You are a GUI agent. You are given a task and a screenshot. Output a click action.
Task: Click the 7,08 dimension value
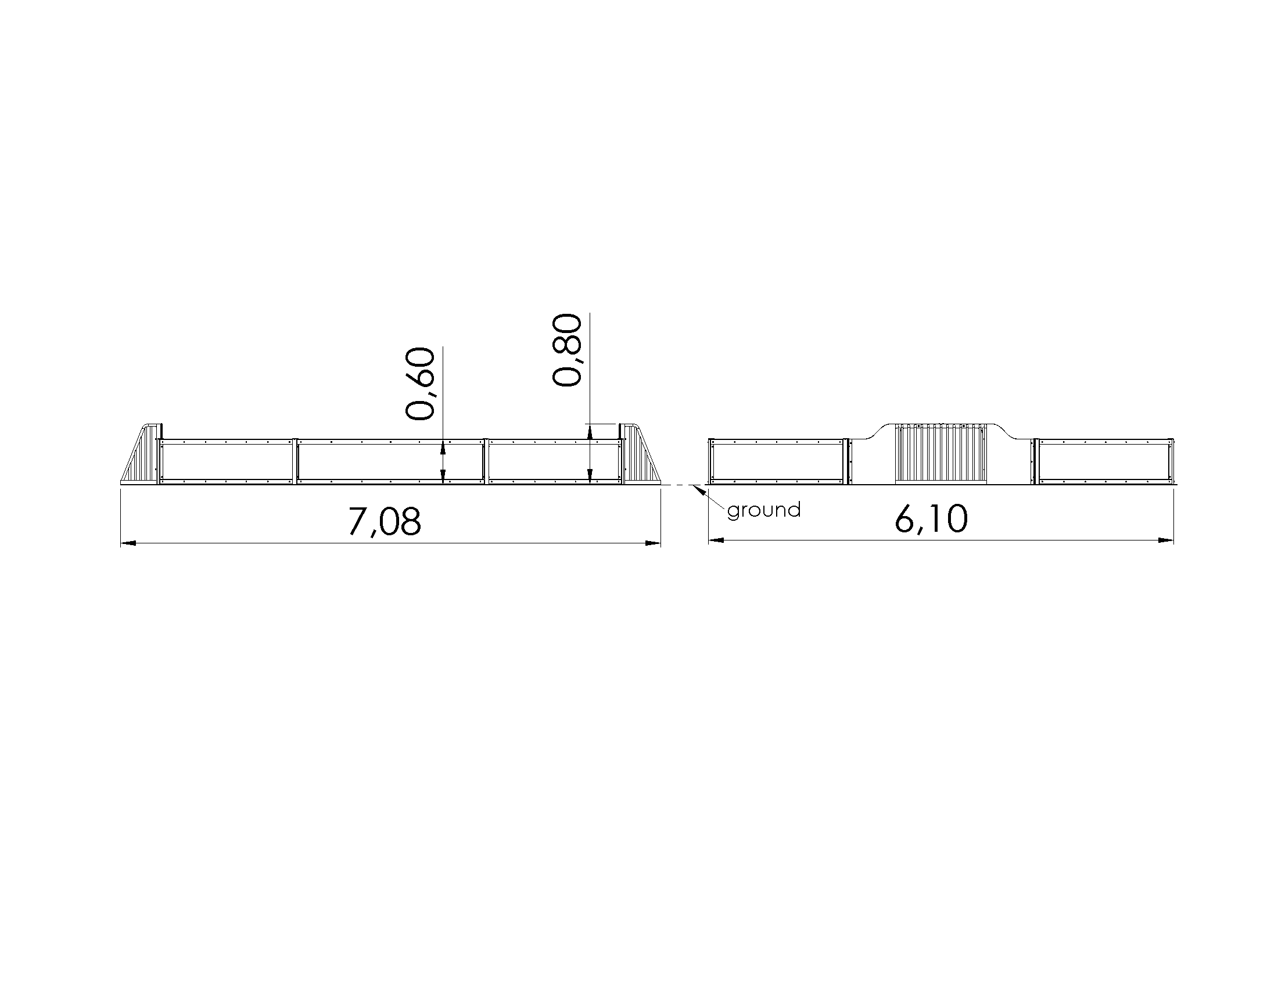[x=385, y=521]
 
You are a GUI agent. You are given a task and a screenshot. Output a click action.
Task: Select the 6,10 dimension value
[x=931, y=519]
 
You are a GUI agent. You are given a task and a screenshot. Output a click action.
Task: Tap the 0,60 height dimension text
[x=420, y=384]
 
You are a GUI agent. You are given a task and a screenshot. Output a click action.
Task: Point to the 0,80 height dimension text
[x=567, y=350]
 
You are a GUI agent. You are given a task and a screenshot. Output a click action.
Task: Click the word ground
[x=764, y=510]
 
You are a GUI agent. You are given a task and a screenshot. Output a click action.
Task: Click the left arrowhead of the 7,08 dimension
[x=128, y=544]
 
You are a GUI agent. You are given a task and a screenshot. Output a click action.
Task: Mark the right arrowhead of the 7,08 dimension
[x=653, y=544]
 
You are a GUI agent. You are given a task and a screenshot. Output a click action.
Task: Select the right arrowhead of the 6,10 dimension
[x=1166, y=541]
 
